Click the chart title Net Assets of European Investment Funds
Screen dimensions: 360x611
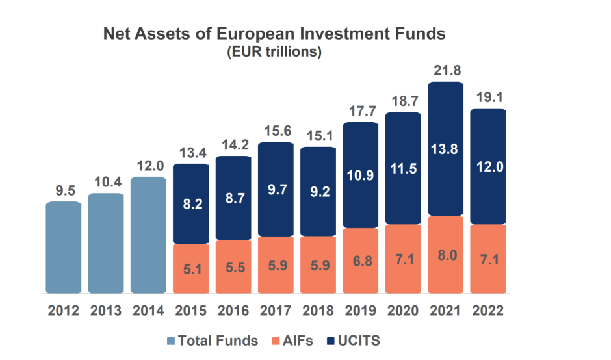pos(274,34)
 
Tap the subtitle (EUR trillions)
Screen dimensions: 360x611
pos(274,52)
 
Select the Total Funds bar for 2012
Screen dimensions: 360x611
pos(63,247)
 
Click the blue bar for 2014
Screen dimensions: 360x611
pos(148,234)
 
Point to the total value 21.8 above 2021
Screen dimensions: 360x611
pos(445,71)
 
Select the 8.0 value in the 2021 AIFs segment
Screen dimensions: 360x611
pos(445,255)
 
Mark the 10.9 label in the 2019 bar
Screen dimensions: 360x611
pos(360,175)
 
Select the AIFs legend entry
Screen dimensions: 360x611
pos(294,341)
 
